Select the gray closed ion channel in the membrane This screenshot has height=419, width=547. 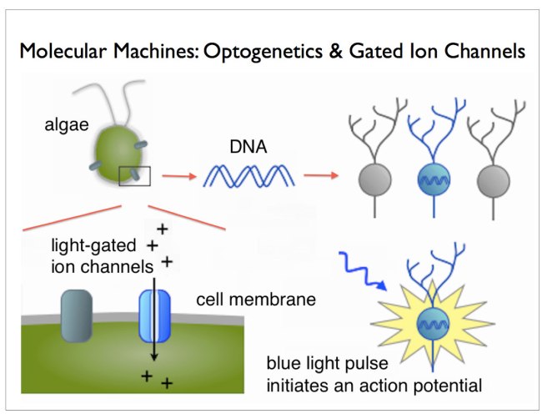pos(77,316)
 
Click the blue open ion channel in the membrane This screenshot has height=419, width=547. pos(154,316)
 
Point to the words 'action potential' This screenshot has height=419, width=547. pos(438,386)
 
